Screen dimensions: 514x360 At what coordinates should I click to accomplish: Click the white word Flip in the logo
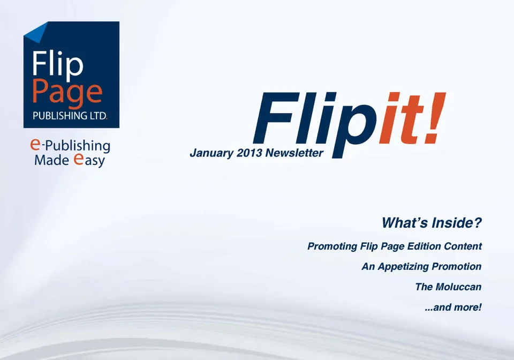click(57, 65)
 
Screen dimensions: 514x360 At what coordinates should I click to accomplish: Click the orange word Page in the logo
click(67, 93)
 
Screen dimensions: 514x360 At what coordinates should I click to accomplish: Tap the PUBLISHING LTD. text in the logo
click(70, 116)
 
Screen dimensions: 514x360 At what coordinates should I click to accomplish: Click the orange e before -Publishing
click(35, 144)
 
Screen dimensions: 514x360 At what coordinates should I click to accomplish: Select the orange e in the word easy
click(78, 159)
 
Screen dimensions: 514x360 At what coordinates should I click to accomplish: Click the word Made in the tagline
click(51, 160)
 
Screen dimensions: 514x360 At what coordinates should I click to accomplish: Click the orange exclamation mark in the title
click(434, 118)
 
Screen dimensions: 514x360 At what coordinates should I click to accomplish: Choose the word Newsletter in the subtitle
click(294, 153)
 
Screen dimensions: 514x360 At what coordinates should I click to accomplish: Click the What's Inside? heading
click(432, 223)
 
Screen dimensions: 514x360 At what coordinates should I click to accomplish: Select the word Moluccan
click(459, 287)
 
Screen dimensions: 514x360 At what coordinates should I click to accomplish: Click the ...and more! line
click(453, 307)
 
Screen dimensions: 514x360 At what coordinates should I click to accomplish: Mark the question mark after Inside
click(478, 223)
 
